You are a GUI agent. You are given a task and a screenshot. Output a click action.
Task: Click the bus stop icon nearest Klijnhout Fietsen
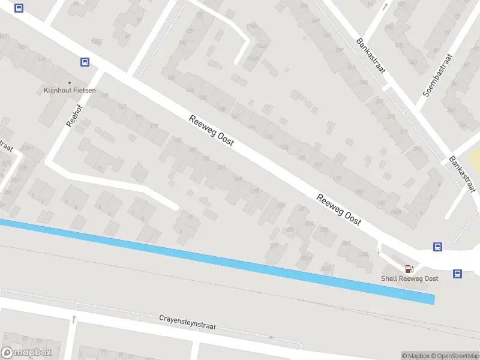pos(85,62)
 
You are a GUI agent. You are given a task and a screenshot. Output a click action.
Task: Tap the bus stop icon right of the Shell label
pos(457,274)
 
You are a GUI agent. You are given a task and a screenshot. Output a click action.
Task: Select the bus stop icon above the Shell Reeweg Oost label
pos(438,247)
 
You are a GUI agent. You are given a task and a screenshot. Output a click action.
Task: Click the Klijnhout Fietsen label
pos(70,91)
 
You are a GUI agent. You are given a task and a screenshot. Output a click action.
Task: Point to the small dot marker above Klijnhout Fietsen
pos(70,83)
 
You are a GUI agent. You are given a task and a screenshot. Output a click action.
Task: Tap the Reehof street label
pos(74,112)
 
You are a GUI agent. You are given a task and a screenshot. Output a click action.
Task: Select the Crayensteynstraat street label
pos(187,323)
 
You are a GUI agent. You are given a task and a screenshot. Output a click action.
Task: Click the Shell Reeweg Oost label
pos(410,278)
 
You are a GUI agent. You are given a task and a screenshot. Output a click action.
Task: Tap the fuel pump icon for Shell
pos(410,269)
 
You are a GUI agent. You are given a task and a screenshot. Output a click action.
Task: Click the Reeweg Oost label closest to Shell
pos(339,210)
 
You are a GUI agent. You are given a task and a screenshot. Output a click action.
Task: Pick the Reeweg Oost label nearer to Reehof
pos(211,130)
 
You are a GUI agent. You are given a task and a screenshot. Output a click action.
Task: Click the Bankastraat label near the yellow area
pos(462,175)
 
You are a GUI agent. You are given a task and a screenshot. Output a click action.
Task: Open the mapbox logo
pos(26,353)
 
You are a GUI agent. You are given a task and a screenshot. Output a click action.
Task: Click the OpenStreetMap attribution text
pos(454,356)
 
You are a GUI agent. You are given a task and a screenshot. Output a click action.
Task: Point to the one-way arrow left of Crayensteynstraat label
pos(74,319)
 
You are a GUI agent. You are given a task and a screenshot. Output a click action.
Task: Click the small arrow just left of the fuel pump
pos(379,250)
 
